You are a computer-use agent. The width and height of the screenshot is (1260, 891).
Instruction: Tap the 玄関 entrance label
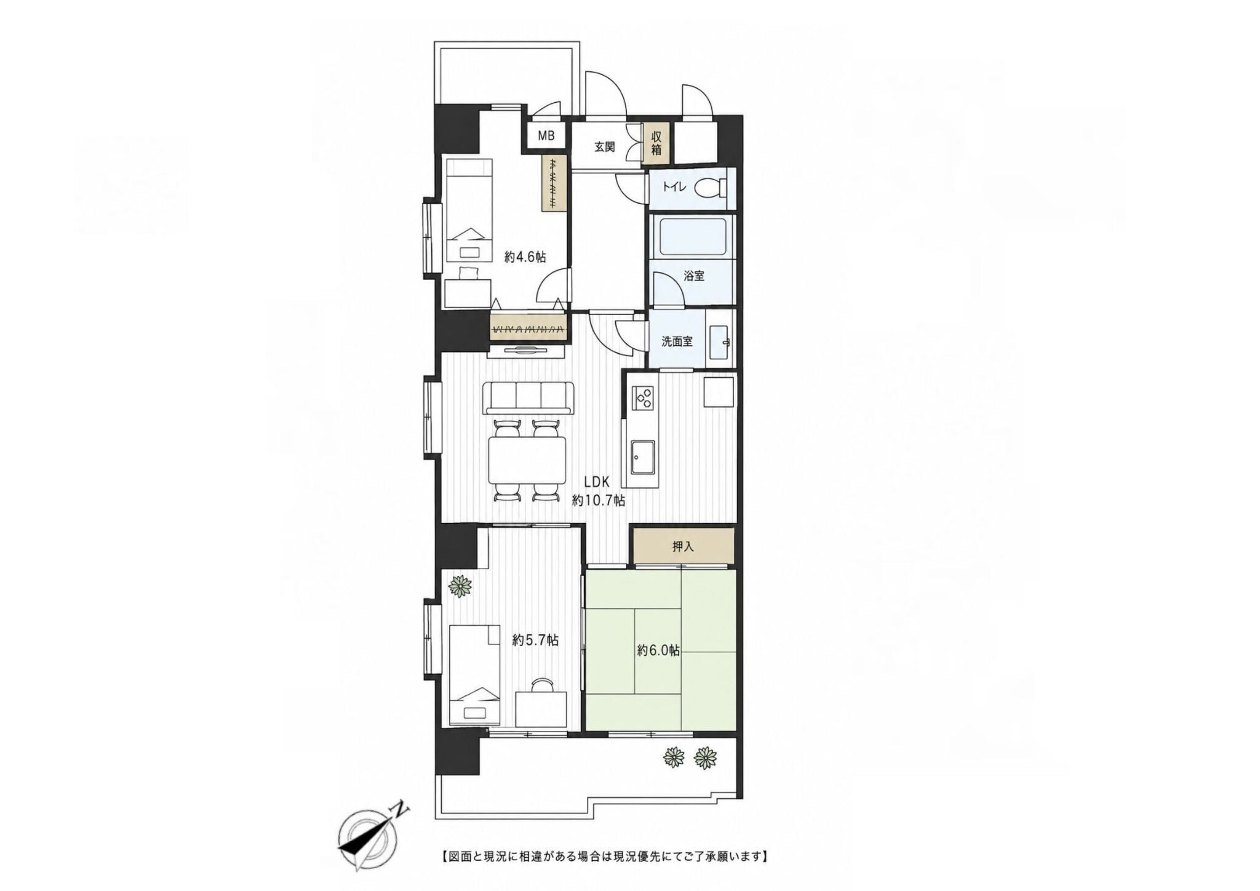604,147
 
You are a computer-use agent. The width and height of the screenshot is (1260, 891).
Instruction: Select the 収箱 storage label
656,142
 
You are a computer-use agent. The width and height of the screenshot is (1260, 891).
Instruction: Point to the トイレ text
675,187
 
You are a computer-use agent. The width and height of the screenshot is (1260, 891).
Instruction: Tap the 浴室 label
694,276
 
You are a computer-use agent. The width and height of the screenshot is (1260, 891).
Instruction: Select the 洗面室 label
677,342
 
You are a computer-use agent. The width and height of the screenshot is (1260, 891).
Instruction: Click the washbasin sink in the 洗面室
720,342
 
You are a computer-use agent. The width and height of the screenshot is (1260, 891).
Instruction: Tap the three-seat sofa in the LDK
528,398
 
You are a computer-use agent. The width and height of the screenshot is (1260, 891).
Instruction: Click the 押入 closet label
683,546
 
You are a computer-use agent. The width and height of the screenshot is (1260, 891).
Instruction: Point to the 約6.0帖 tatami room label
658,650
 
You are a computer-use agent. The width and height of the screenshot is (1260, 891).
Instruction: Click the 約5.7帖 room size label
535,641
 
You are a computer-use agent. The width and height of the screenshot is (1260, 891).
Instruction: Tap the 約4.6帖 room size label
525,257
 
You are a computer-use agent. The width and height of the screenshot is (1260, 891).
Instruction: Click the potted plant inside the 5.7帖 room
460,586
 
